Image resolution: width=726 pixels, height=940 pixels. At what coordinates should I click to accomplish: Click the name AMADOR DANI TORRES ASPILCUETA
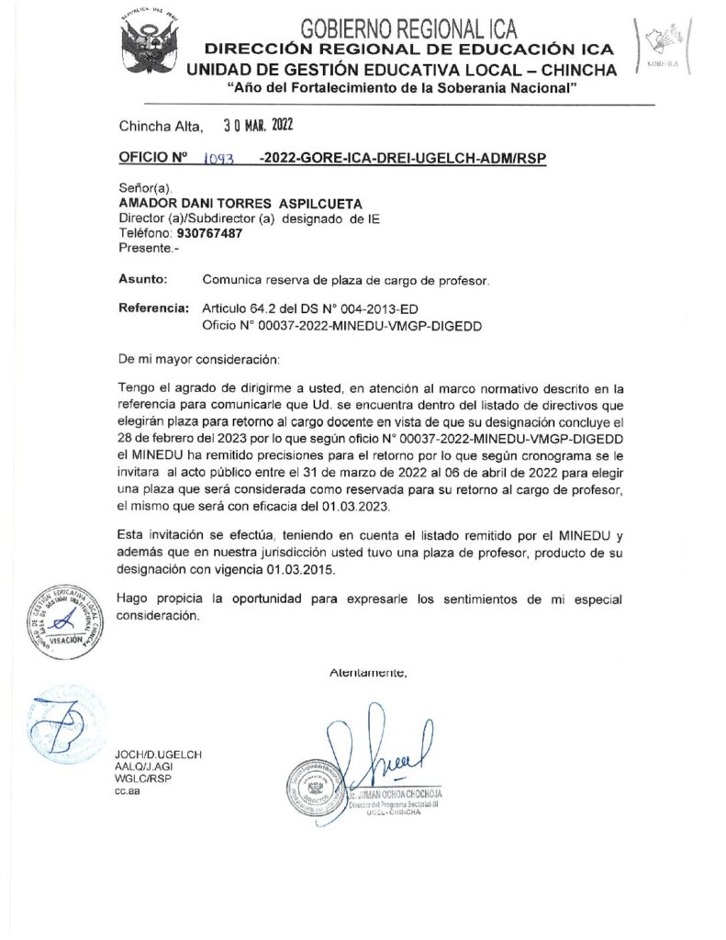click(240, 203)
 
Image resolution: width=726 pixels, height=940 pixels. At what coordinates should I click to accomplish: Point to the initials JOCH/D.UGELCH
click(160, 755)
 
